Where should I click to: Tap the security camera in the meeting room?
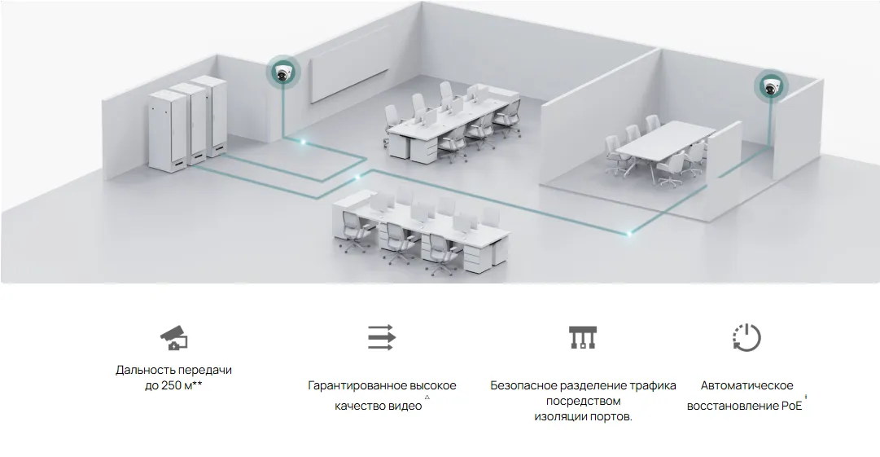click(771, 86)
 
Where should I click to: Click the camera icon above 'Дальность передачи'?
click(174, 337)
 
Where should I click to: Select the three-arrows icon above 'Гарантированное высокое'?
click(382, 337)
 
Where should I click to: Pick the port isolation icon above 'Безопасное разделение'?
click(583, 337)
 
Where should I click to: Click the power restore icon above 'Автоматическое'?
click(746, 337)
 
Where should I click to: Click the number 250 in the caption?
click(171, 385)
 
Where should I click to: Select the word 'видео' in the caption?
click(406, 406)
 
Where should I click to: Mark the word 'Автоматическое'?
click(747, 385)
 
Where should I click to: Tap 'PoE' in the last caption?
click(792, 406)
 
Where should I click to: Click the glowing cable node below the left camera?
click(303, 142)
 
